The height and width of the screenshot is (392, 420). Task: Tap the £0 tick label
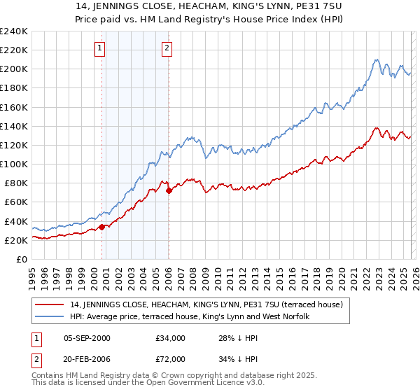coord(21,259)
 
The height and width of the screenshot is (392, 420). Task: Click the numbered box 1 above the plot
coord(100,48)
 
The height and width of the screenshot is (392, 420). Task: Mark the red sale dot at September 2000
coord(102,226)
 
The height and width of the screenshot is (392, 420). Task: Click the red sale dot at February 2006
coord(169,190)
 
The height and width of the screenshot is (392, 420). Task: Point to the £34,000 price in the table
coord(170,338)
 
